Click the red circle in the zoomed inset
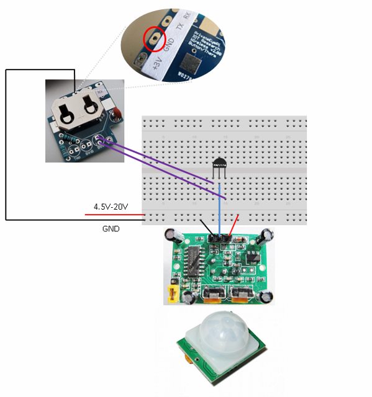click(153, 38)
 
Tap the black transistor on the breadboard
click(219, 164)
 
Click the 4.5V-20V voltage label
click(111, 206)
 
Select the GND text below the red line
click(111, 228)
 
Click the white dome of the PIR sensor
click(221, 336)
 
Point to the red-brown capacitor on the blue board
click(116, 112)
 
